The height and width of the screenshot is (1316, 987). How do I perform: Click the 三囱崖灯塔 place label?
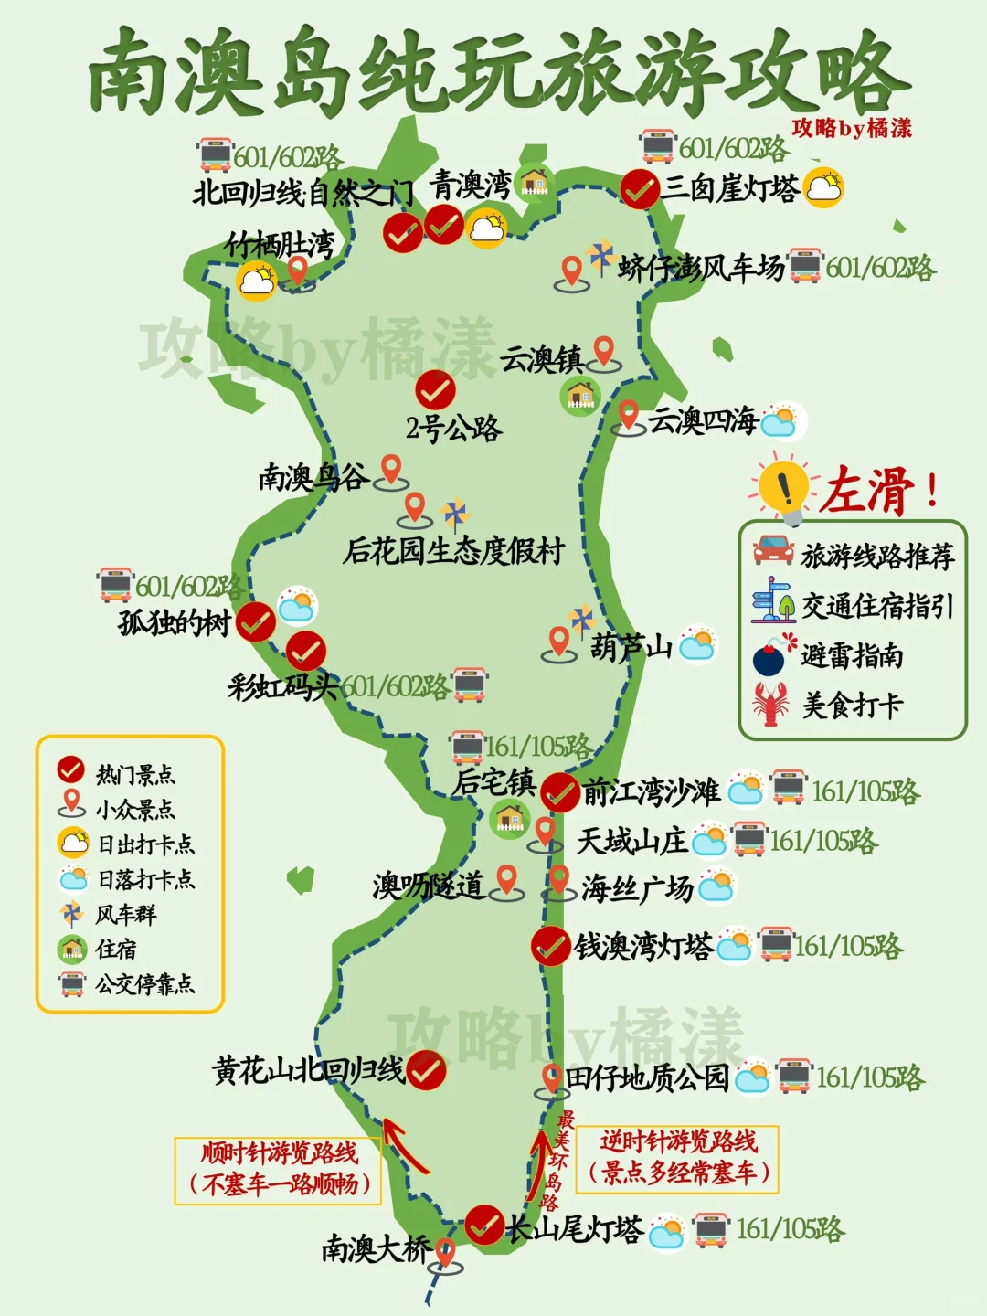(x=730, y=187)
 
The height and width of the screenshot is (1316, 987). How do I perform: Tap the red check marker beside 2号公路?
(x=435, y=390)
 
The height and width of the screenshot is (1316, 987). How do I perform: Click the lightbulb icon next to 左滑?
(x=783, y=487)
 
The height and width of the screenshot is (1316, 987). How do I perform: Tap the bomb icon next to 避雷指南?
(x=770, y=657)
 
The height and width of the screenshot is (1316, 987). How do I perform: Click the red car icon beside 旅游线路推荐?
(x=773, y=550)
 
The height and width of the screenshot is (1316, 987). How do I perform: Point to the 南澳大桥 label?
(x=375, y=1248)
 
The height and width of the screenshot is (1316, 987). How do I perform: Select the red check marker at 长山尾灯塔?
(x=483, y=1225)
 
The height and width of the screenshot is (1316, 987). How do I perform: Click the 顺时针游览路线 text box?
(x=280, y=1170)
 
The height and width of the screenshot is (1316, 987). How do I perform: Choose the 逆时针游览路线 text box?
(x=677, y=1158)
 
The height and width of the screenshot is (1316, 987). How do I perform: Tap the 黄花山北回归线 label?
(x=308, y=1070)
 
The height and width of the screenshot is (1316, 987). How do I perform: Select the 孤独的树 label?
(x=174, y=623)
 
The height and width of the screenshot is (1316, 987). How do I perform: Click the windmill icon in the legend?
(x=71, y=913)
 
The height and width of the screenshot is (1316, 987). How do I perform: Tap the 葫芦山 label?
(x=631, y=647)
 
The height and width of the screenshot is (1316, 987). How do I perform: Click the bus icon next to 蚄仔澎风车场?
(x=805, y=266)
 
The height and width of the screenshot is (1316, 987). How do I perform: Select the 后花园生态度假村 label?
(x=453, y=551)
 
